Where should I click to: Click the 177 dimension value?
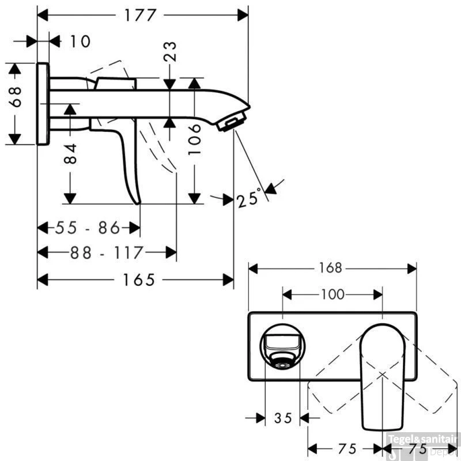[140, 16]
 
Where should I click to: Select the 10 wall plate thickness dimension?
[80, 41]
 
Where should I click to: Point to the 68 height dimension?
[15, 97]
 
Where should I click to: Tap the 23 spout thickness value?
[170, 52]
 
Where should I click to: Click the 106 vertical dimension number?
[194, 139]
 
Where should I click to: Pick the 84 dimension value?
[70, 153]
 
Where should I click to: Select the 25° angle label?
[249, 198]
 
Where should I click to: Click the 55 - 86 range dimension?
[88, 228]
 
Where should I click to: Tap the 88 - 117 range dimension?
[107, 252]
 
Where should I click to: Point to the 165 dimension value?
[139, 279]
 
